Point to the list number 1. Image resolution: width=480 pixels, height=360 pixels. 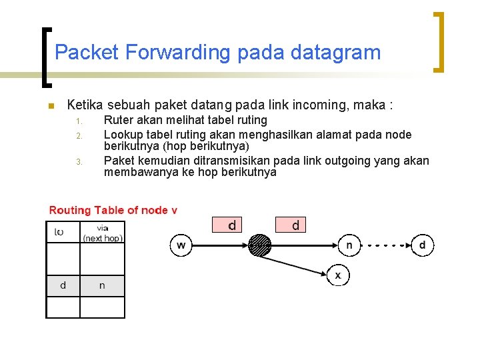coord(78,121)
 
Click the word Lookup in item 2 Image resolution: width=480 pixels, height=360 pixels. coord(122,135)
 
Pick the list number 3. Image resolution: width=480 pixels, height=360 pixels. coord(78,161)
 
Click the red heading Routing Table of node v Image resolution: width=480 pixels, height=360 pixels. coord(113,211)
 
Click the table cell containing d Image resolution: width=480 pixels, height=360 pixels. coord(63,285)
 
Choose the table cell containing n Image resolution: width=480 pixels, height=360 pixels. coord(102,285)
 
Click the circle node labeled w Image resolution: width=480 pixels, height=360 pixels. coord(181,245)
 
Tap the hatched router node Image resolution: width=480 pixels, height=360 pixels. coord(260,245)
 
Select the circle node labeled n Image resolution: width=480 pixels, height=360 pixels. coord(349,245)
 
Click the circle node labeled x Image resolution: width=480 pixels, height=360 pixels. coord(338,275)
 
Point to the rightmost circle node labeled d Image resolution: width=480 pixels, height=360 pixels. coord(422,245)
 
